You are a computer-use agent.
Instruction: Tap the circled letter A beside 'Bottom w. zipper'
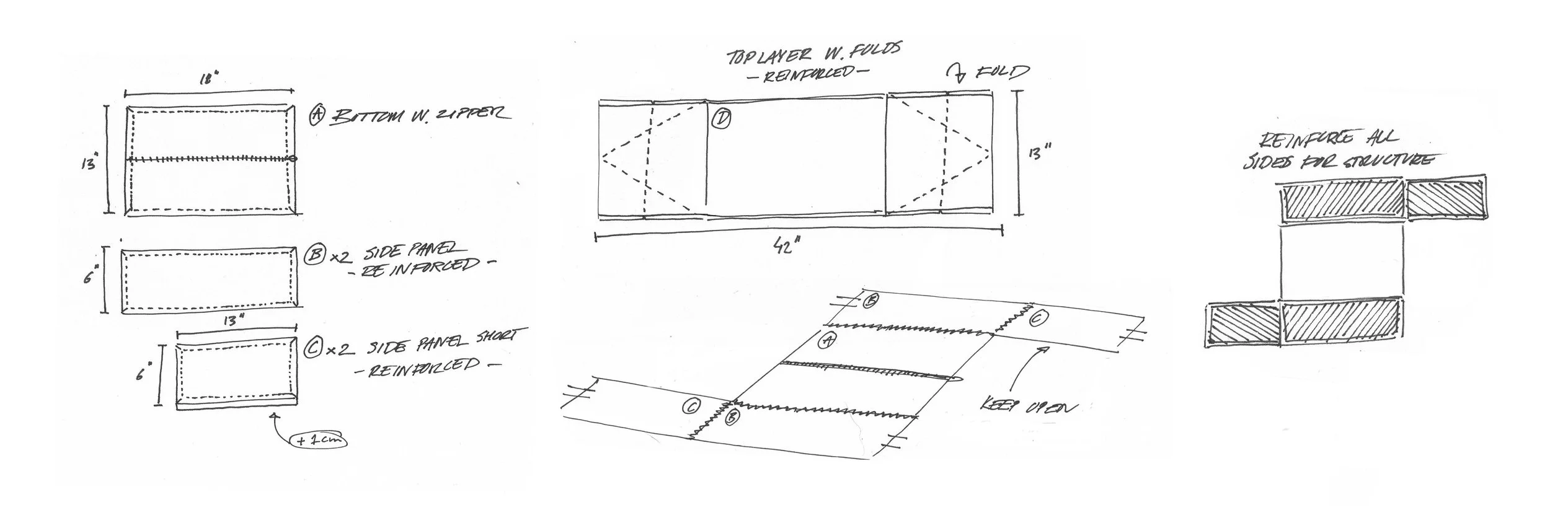tap(317, 114)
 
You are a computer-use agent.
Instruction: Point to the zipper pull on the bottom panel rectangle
tap(293, 159)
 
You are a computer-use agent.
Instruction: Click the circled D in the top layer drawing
tap(721, 118)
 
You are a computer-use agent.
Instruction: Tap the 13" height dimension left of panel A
tap(89, 165)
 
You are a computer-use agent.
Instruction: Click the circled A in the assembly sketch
tap(826, 340)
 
